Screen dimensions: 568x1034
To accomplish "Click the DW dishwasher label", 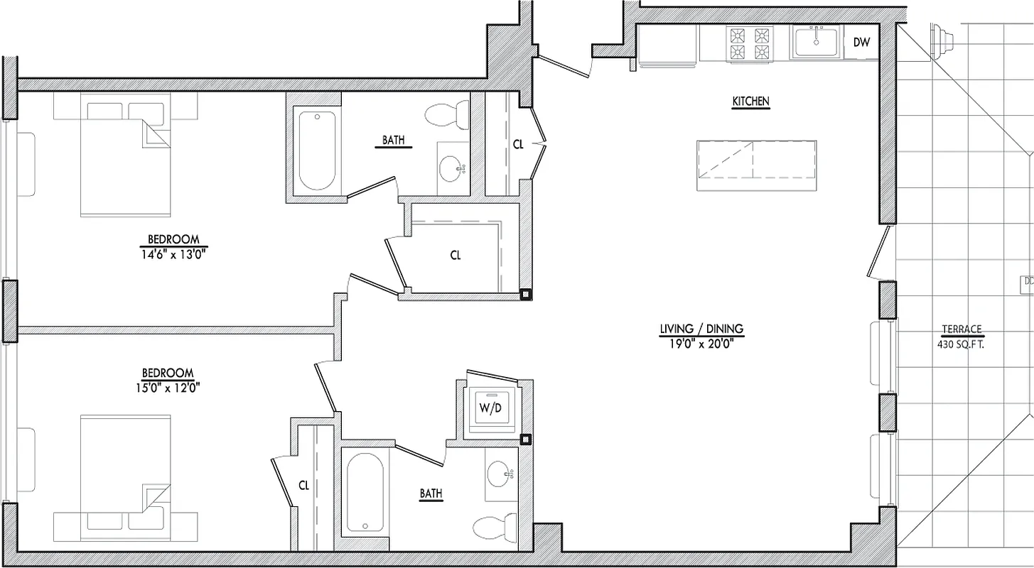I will pyautogui.click(x=861, y=43).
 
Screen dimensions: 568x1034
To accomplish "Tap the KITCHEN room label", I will pyautogui.click(x=751, y=102).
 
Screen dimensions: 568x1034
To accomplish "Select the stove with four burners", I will pyautogui.click(x=748, y=44).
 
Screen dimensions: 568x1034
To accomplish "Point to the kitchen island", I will pyautogui.click(x=756, y=165).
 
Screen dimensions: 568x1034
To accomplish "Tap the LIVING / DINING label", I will pyautogui.click(x=701, y=329).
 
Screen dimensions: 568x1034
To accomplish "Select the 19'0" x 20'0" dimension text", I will pyautogui.click(x=701, y=344).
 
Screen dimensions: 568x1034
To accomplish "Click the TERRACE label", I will pyautogui.click(x=962, y=329).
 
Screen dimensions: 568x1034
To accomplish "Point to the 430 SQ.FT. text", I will pyautogui.click(x=962, y=344).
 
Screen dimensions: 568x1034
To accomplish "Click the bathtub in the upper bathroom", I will pyautogui.click(x=316, y=150).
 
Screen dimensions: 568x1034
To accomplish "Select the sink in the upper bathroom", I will pyautogui.click(x=451, y=168).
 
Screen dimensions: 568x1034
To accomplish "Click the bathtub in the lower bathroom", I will pyautogui.click(x=365, y=493).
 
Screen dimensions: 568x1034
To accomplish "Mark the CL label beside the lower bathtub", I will pyautogui.click(x=303, y=486).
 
